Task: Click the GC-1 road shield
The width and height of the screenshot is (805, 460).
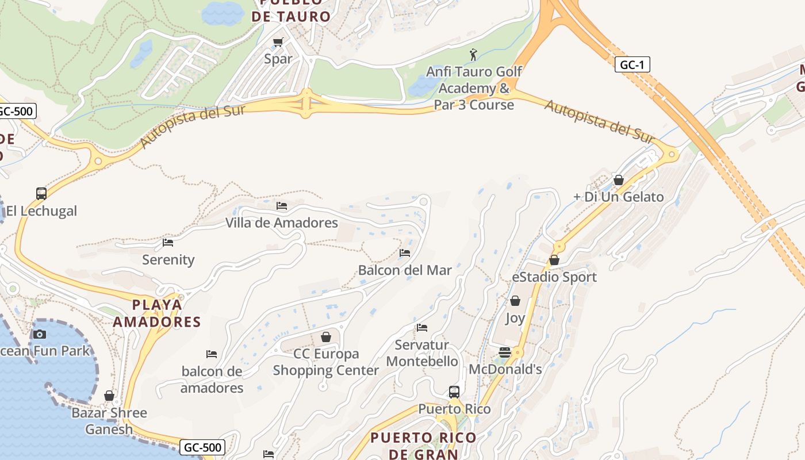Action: click(632, 64)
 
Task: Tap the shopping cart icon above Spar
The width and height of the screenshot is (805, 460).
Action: click(278, 42)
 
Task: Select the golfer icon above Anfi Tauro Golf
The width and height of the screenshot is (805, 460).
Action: click(473, 55)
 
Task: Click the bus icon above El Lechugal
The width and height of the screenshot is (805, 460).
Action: click(41, 194)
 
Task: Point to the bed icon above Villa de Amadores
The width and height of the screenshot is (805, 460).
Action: click(281, 205)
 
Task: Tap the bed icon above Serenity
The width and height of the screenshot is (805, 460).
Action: click(168, 243)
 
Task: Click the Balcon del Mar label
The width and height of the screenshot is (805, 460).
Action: click(405, 270)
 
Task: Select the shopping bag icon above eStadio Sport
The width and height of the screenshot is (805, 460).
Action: click(554, 260)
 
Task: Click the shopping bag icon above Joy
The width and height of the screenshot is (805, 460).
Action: click(515, 301)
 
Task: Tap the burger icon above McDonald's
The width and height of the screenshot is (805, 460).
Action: click(505, 352)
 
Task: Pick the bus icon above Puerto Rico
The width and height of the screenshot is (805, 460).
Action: click(454, 392)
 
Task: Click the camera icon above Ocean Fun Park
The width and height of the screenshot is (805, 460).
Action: click(40, 334)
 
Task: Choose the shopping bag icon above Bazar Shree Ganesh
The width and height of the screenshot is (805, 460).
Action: click(109, 396)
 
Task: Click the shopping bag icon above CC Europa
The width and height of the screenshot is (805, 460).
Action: click(326, 337)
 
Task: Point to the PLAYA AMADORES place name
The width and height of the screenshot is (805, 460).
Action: click(157, 313)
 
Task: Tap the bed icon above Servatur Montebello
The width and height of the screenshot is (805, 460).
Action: click(422, 328)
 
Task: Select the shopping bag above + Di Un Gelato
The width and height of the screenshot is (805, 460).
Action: click(619, 180)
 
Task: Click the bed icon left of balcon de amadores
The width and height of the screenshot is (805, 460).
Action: click(212, 354)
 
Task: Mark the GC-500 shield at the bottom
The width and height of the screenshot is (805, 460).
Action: click(202, 447)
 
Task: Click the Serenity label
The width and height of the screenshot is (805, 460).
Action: click(168, 260)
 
